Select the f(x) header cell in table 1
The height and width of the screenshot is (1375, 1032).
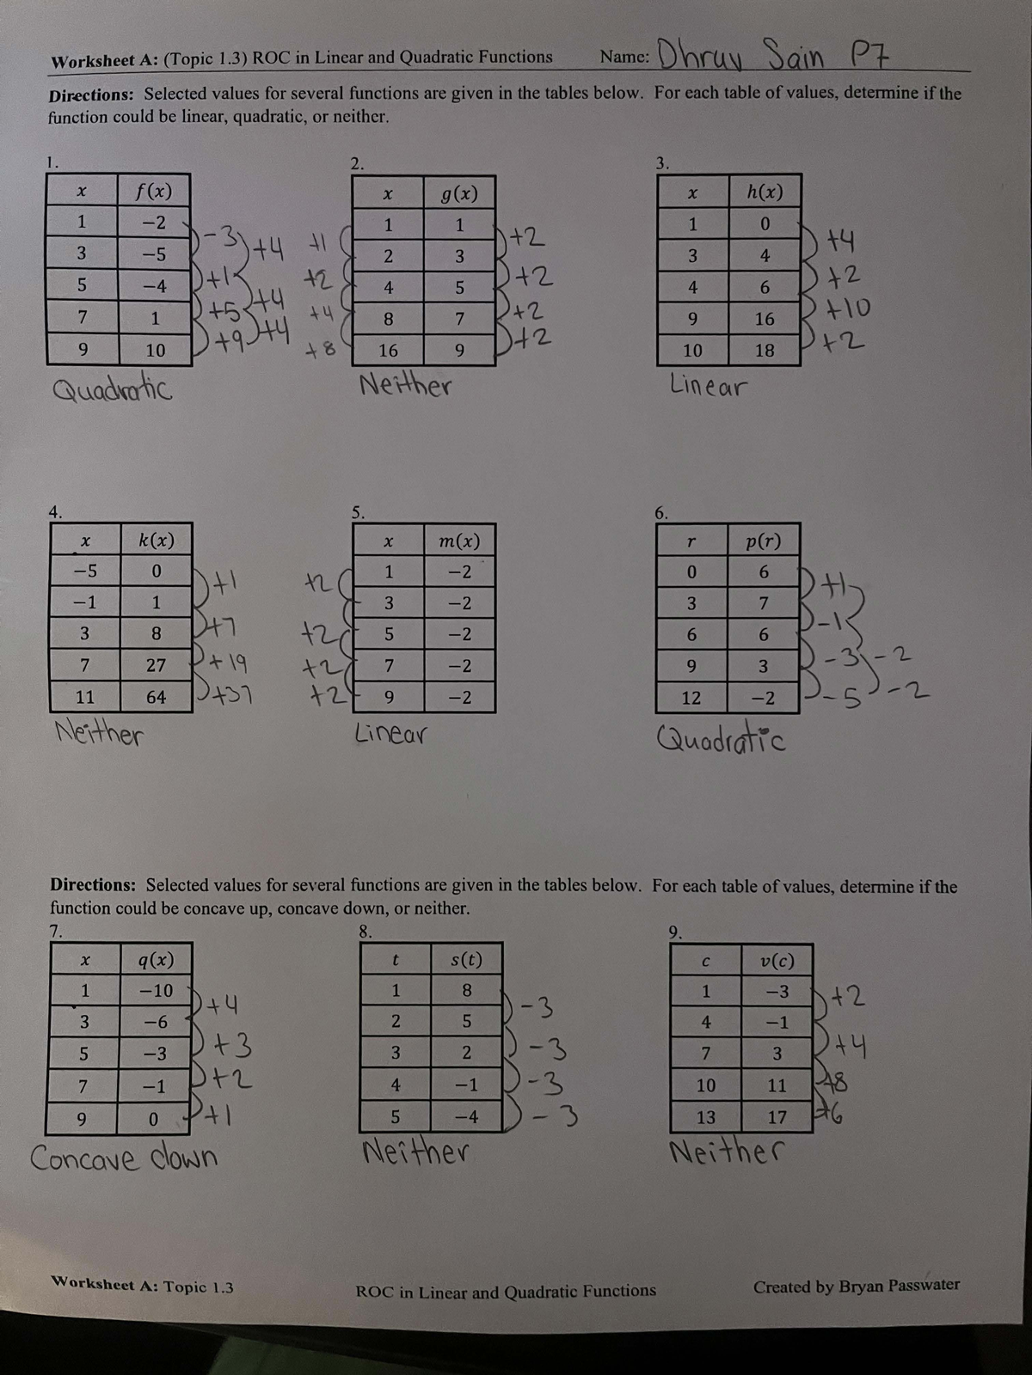tap(154, 190)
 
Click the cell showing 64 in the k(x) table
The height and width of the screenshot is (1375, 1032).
tap(156, 697)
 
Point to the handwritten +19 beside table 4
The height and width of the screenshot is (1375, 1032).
tap(228, 663)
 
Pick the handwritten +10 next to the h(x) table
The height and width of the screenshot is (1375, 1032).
tap(847, 308)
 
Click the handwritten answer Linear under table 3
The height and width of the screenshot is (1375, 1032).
tap(708, 386)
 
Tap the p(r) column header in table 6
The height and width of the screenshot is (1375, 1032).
tap(763, 541)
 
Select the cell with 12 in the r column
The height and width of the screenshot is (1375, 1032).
tap(691, 698)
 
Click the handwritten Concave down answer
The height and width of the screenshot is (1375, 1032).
tap(124, 1158)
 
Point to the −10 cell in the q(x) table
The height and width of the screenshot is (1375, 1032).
tap(157, 990)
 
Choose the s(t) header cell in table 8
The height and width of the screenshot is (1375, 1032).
tap(466, 959)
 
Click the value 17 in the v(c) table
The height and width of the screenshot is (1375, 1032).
tap(777, 1117)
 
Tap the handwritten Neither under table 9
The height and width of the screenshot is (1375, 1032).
tap(726, 1150)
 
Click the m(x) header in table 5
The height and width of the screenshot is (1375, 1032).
tap(459, 541)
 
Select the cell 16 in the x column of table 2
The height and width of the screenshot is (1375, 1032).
tap(388, 351)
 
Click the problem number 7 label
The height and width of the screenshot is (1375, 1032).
tap(55, 930)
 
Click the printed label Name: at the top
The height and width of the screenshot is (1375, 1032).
tap(624, 57)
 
